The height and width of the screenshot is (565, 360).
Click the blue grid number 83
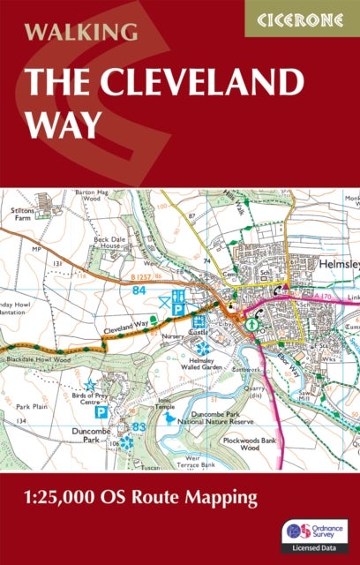pyautogui.click(x=138, y=427)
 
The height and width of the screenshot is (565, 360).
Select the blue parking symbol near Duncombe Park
pyautogui.click(x=101, y=412)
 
